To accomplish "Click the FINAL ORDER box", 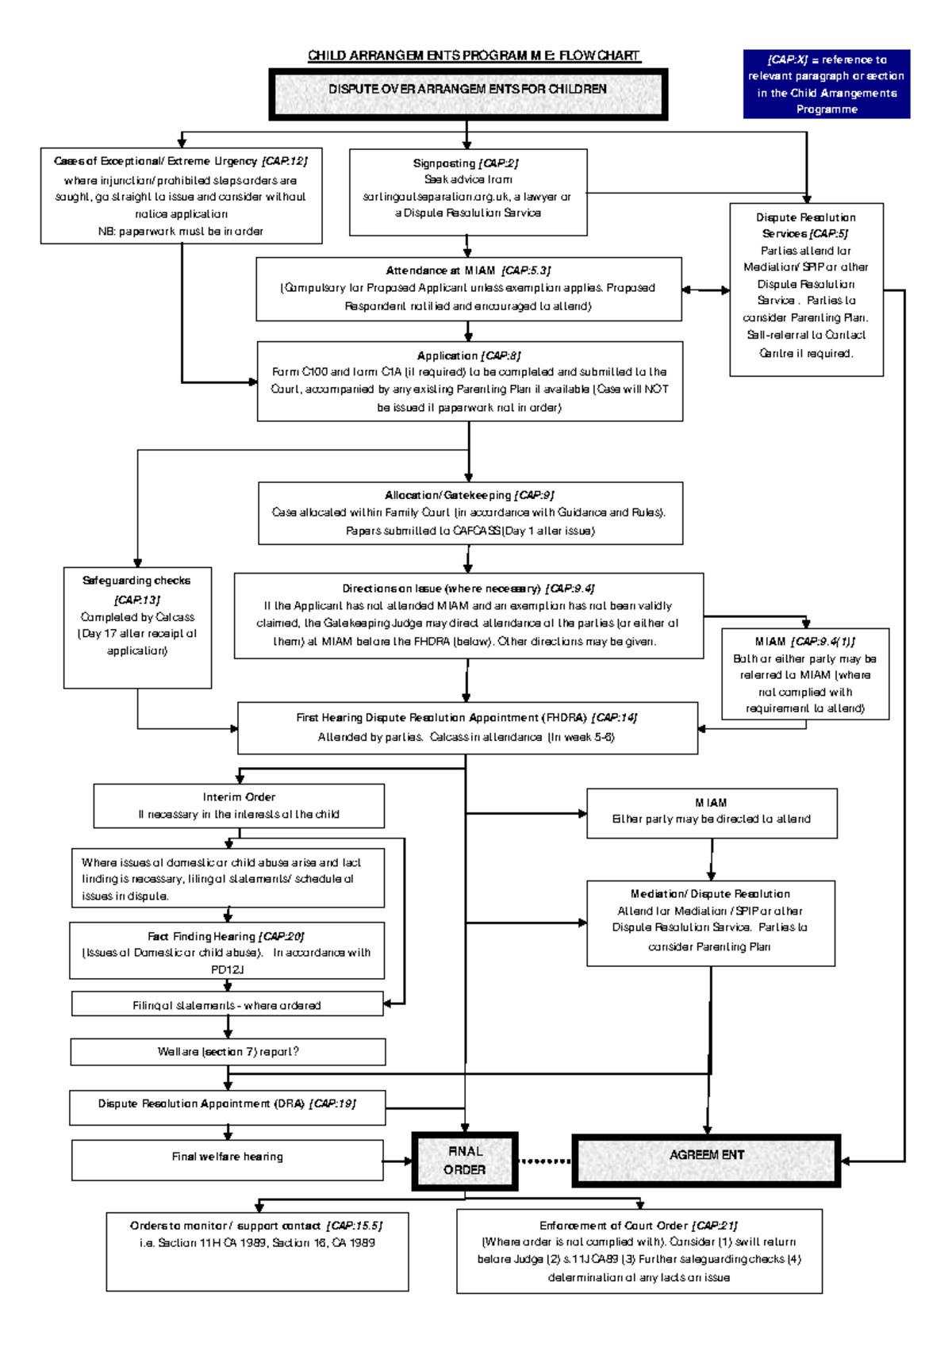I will (465, 1161).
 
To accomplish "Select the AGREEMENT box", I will (706, 1160).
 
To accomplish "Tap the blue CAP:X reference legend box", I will (826, 84).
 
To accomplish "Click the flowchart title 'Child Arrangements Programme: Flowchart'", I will (474, 56).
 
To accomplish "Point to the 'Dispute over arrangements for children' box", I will (468, 93).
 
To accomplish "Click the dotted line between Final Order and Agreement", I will (544, 1161).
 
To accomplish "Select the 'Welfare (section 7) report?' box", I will (228, 1052).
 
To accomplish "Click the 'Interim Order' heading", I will (239, 797).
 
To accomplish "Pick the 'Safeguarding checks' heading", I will (136, 581).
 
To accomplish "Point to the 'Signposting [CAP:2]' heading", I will (466, 163).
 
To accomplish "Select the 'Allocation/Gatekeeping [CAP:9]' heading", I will (469, 495).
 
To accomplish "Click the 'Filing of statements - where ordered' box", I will (227, 1005).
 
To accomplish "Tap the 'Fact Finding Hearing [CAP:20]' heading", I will (226, 937).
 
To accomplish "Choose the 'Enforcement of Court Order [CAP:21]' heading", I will (639, 1226).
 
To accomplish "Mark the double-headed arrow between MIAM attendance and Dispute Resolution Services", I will (705, 290).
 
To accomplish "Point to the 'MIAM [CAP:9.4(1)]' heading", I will (804, 642).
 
